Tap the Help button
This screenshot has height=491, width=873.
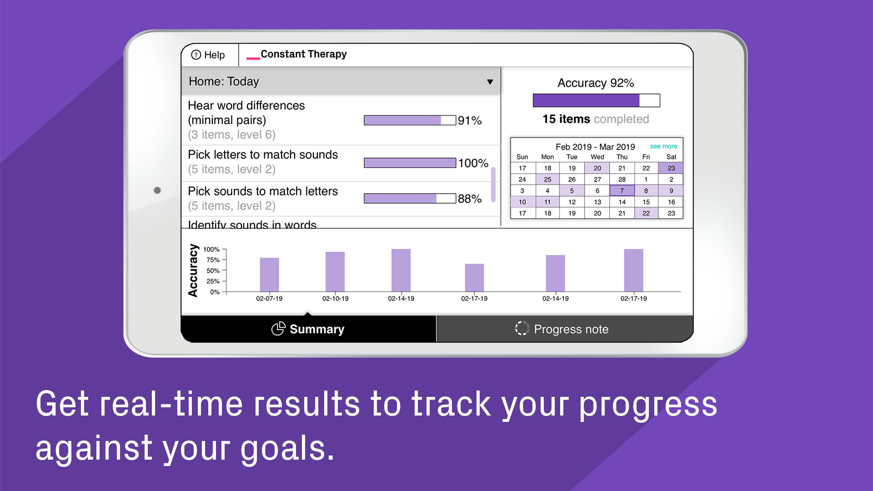point(208,55)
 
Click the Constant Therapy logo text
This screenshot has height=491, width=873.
point(303,54)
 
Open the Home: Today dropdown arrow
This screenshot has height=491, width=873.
point(490,82)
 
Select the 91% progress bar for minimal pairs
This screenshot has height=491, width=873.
point(410,120)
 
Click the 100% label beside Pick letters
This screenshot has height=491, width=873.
point(473,163)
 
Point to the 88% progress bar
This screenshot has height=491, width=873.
point(410,198)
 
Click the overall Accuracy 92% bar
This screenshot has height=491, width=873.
point(596,100)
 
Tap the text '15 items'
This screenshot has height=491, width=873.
point(566,119)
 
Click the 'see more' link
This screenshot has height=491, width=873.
point(663,146)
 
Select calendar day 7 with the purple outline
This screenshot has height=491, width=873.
point(622,190)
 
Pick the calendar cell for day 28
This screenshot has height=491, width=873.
point(622,179)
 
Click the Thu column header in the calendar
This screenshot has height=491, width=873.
point(622,157)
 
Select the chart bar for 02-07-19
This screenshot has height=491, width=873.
point(269,275)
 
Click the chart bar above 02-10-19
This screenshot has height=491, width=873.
point(335,271)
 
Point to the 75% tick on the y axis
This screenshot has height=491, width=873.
point(224,260)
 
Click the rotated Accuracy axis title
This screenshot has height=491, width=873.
point(193,271)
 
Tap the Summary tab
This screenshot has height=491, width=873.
point(309,329)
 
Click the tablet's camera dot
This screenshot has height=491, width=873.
point(157,190)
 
